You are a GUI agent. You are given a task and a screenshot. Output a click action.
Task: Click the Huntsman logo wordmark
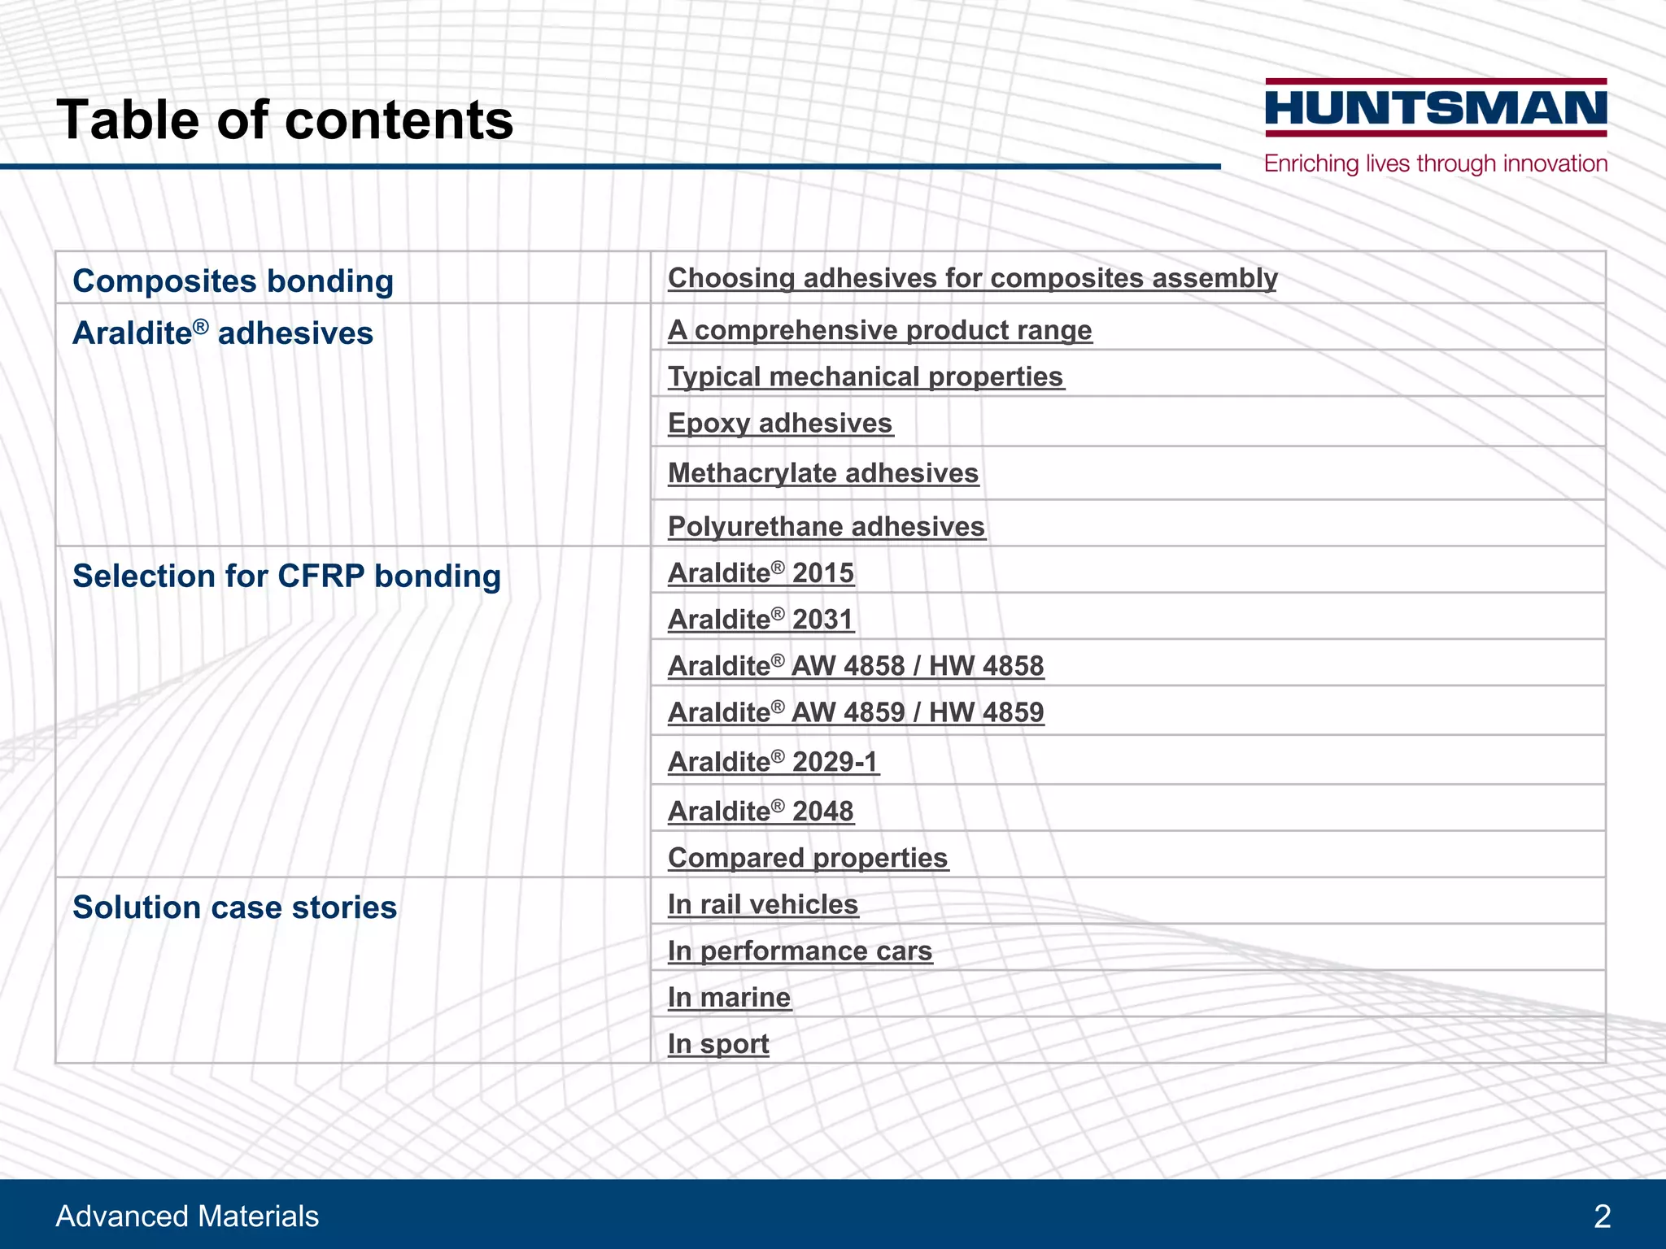1436,108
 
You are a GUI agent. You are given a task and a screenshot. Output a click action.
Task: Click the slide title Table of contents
285,120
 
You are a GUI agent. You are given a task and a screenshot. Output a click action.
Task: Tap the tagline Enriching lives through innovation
1436,163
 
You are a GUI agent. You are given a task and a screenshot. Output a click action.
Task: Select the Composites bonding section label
233,281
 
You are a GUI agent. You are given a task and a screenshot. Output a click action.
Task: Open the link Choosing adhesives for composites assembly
972,278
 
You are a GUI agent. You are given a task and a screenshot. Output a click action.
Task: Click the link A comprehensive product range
879,330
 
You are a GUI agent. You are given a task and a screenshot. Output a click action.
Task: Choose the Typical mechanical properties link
866,376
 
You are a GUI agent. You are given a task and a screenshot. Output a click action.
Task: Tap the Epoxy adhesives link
780,423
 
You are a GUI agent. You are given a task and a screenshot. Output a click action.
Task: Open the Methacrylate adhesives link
822,473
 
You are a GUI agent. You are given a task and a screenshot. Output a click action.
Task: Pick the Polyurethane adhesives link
826,527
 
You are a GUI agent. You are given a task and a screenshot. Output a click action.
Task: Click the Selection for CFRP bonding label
286,577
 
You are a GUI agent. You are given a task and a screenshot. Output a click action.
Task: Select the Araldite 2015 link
761,573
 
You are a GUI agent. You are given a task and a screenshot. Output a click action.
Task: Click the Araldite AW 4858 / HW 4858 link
856,666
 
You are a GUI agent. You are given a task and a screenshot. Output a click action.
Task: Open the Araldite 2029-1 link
773,762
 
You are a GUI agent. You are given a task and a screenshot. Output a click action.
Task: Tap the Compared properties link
808,858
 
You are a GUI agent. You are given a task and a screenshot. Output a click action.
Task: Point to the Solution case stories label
234,907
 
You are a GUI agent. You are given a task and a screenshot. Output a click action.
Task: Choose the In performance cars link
800,951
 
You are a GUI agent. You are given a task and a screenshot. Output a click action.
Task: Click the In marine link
729,998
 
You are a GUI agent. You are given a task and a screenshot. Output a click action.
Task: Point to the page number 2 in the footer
1602,1216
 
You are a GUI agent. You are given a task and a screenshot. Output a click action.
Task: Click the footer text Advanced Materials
187,1216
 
